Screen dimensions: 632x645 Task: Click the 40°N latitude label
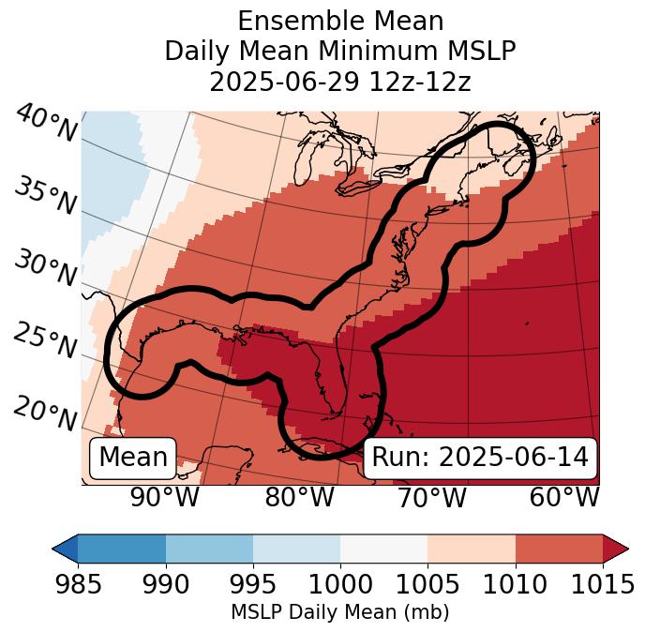pyautogui.click(x=46, y=124)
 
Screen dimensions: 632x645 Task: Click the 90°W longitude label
pyautogui.click(x=164, y=497)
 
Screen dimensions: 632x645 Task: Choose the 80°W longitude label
pyautogui.click(x=299, y=497)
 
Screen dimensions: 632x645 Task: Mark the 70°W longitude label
pyautogui.click(x=431, y=497)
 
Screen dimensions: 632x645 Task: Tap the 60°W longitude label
pyautogui.click(x=563, y=497)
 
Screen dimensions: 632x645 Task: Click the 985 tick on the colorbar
pyautogui.click(x=78, y=584)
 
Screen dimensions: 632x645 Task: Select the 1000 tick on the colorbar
pyautogui.click(x=340, y=584)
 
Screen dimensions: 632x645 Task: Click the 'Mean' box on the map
pyautogui.click(x=133, y=458)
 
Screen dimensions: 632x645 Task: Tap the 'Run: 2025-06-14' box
pyautogui.click(x=480, y=458)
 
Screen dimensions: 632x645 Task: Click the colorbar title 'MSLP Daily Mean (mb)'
pyautogui.click(x=340, y=613)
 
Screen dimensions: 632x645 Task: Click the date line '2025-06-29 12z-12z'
pyautogui.click(x=340, y=82)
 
